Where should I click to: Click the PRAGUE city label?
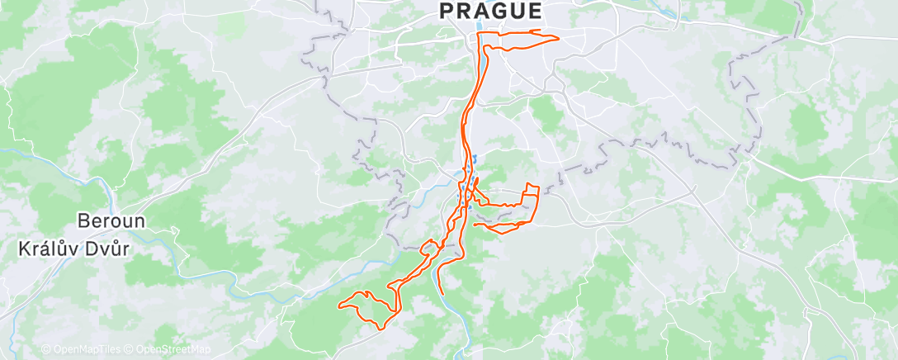[490, 11]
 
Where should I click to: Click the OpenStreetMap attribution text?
[168, 349]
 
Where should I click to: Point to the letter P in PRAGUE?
[446, 11]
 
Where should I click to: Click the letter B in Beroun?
[83, 221]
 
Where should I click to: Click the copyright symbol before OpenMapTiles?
[46, 349]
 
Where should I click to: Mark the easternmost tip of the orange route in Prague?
[559, 38]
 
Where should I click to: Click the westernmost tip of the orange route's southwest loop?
[339, 306]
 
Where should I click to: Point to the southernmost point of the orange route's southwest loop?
[380, 329]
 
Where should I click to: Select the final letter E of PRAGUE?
[535, 11]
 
